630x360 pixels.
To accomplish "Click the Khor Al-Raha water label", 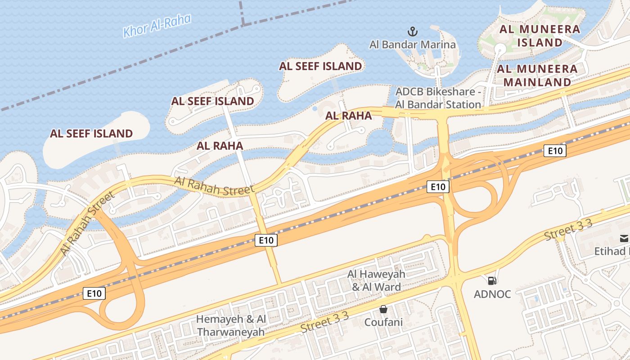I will click(x=157, y=26).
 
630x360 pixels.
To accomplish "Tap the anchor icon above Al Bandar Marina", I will click(x=413, y=31).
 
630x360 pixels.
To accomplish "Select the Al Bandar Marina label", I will click(x=412, y=45).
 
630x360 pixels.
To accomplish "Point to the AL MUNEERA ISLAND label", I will click(x=540, y=36).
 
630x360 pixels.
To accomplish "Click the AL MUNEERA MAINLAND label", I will click(x=537, y=76).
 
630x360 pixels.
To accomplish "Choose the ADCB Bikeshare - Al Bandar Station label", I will click(x=438, y=98).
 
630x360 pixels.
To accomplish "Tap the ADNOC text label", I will click(x=492, y=294).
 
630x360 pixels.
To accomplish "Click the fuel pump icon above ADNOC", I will click(x=492, y=281).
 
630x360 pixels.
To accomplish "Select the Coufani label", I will click(x=383, y=322).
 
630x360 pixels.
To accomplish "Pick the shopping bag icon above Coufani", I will click(x=383, y=309).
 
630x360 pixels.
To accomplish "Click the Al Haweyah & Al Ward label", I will click(x=376, y=280).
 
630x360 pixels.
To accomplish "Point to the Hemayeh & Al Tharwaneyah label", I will click(x=231, y=325).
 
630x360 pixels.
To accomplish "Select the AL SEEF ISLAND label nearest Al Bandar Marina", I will click(x=320, y=66).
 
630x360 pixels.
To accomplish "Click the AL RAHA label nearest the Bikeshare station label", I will click(x=349, y=116).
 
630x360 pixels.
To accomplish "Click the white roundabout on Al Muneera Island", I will click(x=499, y=48).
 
